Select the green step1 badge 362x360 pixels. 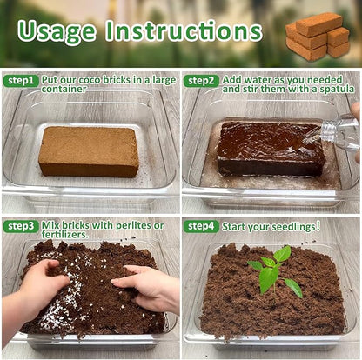click(x=21, y=81)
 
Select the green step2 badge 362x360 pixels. click(x=201, y=81)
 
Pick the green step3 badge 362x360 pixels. click(x=21, y=226)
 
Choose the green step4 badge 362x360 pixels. click(x=201, y=226)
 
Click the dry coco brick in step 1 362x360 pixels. click(x=88, y=150)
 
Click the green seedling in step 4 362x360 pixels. click(x=274, y=271)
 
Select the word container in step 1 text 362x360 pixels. click(x=64, y=89)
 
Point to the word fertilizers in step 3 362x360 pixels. click(x=64, y=234)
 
